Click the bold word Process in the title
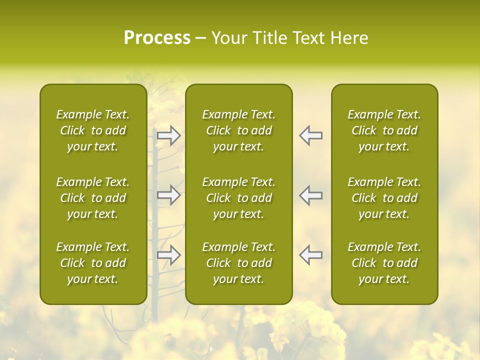[157, 38]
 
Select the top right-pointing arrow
[169, 135]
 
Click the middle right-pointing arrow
[169, 195]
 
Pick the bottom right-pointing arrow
[169, 255]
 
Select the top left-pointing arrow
[311, 135]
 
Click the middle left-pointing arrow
[311, 195]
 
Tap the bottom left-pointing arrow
[311, 255]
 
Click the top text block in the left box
[93, 130]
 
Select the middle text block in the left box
[93, 198]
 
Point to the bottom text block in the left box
[93, 263]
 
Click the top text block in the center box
[239, 130]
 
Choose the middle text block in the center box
[239, 198]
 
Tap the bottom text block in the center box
[239, 263]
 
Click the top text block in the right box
[384, 130]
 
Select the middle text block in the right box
[384, 198]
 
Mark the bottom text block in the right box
[384, 263]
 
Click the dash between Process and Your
[200, 38]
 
